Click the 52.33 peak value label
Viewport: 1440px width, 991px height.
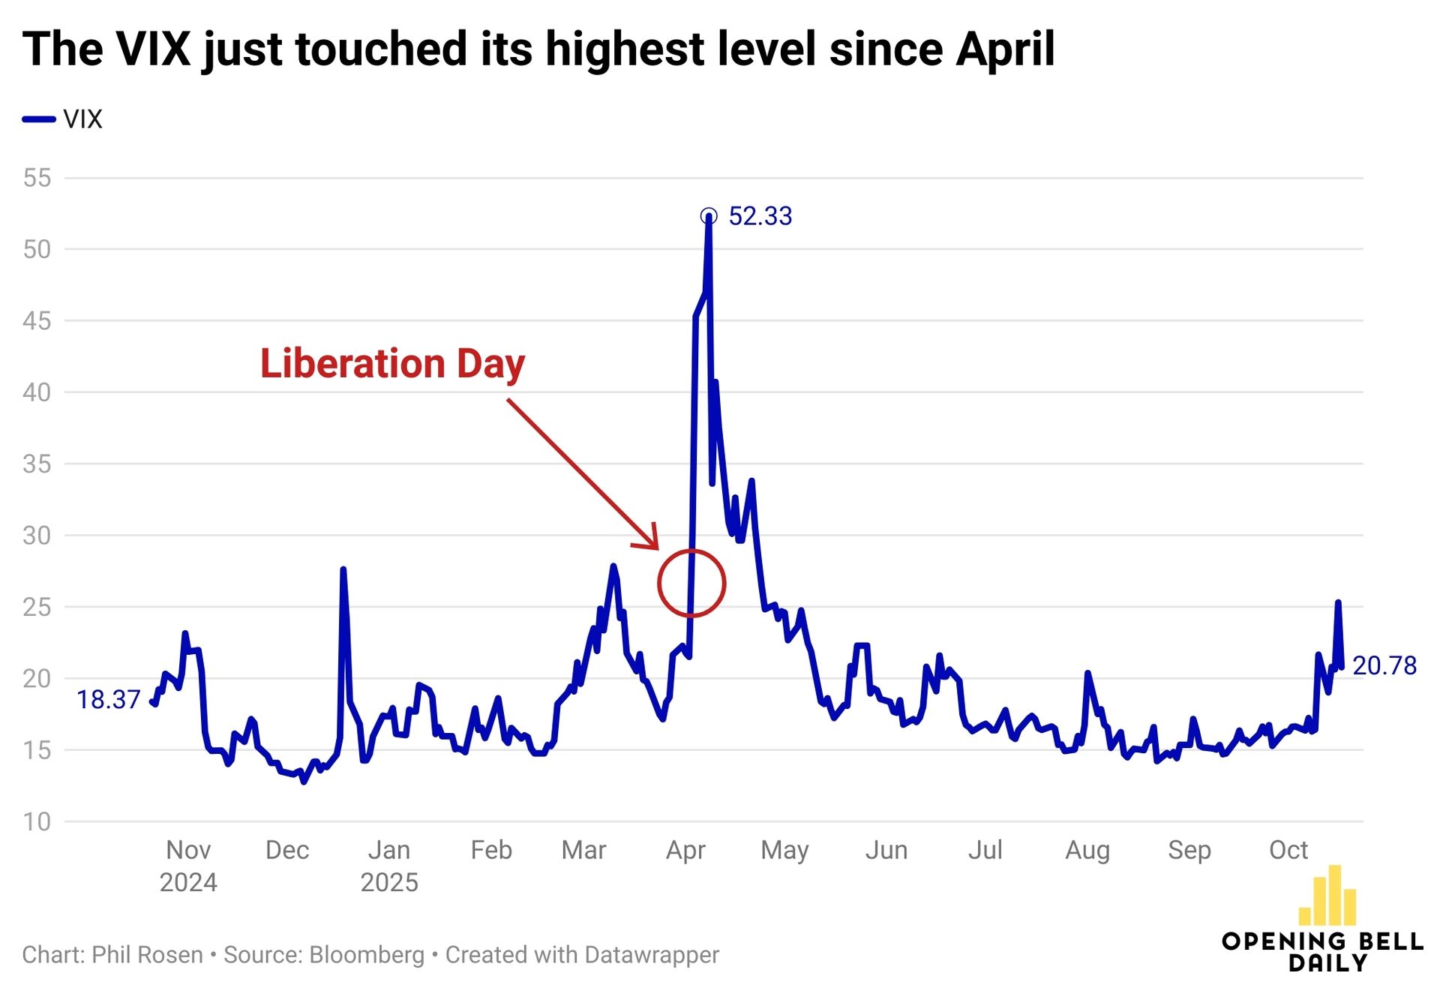tap(760, 216)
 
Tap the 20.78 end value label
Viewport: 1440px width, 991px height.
tap(1384, 665)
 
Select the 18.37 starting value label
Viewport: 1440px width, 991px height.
tap(108, 699)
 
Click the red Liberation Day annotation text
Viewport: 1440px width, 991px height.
tap(392, 364)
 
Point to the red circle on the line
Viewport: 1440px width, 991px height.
tap(691, 583)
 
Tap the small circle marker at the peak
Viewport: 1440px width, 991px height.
tap(708, 217)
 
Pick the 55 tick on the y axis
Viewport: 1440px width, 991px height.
tap(37, 178)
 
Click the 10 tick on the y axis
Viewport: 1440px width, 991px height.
tap(37, 821)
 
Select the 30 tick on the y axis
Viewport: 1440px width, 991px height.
tap(37, 535)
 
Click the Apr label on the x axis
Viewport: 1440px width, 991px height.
tap(685, 850)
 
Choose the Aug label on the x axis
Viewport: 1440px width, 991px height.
tap(1087, 850)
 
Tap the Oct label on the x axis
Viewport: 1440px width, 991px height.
tap(1288, 850)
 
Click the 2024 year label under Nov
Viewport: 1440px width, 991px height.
tap(188, 882)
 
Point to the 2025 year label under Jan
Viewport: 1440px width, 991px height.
tap(389, 882)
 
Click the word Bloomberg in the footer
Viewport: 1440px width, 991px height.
tap(367, 955)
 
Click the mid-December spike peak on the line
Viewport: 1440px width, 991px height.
tap(343, 569)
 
